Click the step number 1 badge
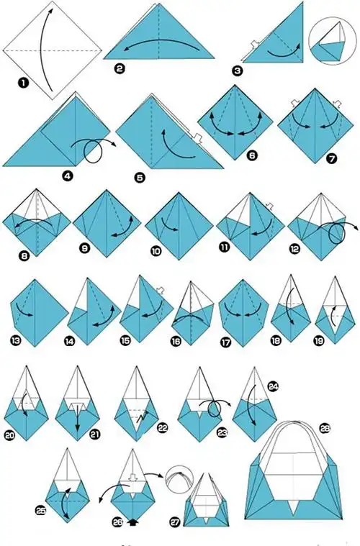[24, 83]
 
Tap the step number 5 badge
[140, 178]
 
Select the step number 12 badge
[294, 250]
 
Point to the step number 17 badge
[226, 342]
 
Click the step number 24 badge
[273, 386]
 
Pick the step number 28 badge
[325, 428]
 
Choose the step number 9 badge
[85, 248]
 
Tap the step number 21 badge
[95, 434]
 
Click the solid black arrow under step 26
[132, 522]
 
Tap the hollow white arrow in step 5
[197, 139]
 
